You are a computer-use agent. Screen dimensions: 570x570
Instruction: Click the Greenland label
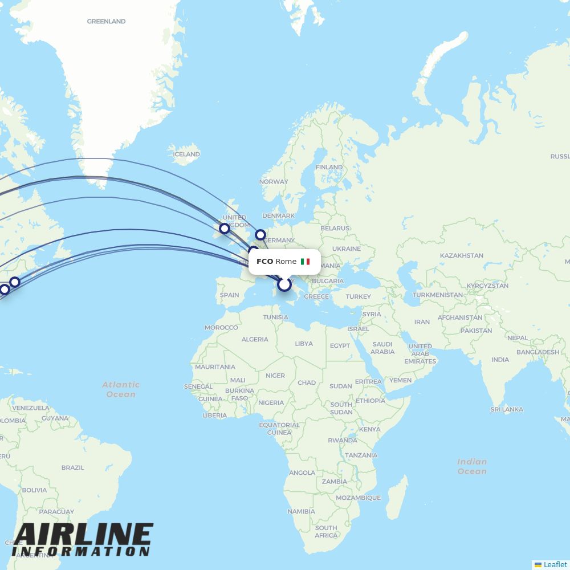[x=106, y=22]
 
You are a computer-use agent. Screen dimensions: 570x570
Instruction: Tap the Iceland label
[x=186, y=154]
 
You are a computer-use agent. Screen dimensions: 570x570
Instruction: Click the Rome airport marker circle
[x=284, y=284]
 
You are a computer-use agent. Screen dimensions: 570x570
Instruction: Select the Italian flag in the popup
[x=305, y=262]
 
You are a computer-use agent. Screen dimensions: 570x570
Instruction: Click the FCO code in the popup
[x=264, y=262]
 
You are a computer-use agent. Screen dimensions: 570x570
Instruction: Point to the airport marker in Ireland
[x=225, y=229]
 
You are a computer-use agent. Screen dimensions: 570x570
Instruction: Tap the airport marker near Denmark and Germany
[x=260, y=234]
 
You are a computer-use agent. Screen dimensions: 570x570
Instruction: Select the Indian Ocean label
[x=472, y=466]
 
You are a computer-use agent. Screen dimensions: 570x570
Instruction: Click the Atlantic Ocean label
[x=121, y=389]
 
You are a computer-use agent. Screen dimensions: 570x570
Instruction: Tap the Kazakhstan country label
[x=462, y=256]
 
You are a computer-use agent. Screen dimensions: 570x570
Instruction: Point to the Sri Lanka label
[x=507, y=409]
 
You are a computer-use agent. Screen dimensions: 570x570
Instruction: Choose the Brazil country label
[x=72, y=467]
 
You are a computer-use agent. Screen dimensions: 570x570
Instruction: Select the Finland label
[x=329, y=168]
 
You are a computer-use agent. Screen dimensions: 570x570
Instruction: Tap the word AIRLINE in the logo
[x=83, y=535]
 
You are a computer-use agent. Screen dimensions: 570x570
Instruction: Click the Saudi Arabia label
[x=382, y=348]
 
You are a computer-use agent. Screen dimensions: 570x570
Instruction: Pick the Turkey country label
[x=358, y=296]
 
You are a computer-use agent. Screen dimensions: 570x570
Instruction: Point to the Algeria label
[x=255, y=339]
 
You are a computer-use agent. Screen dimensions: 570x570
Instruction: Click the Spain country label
[x=229, y=295]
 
